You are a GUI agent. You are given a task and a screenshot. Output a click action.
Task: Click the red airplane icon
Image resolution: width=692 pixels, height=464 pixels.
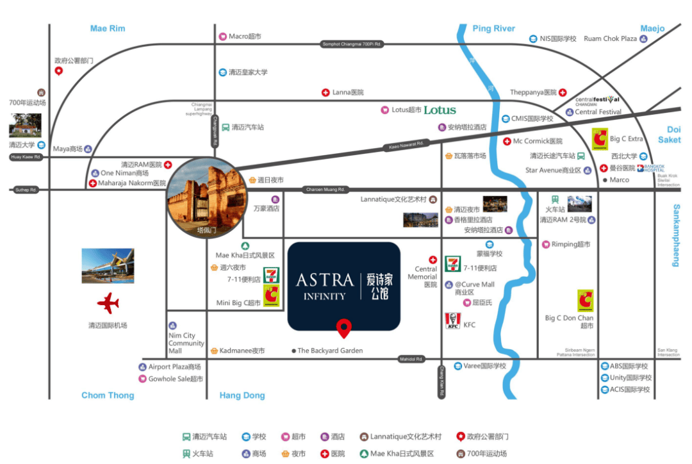point(108,302)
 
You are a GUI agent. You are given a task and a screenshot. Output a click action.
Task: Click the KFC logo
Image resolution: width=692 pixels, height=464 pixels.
point(452,321)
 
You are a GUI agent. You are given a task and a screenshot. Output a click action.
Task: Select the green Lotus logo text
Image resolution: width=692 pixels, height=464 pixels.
point(440,110)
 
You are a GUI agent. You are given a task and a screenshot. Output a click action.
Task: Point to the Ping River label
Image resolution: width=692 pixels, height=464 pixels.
point(493,28)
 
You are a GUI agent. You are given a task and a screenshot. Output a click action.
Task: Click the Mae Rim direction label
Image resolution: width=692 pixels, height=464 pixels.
point(108,28)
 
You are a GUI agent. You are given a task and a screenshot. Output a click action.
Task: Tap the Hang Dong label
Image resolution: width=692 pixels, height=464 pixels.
point(242,395)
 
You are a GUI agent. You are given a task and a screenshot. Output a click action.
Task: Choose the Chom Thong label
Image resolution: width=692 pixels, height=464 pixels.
point(108,395)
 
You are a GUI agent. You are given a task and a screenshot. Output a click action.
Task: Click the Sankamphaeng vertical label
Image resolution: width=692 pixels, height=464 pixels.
point(675,235)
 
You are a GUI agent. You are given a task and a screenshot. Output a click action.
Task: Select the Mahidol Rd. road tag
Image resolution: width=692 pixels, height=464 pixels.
point(411,359)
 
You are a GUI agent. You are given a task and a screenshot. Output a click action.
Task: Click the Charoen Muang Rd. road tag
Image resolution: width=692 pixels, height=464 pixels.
point(325,190)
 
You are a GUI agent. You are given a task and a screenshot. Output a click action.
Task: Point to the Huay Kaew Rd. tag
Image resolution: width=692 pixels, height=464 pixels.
point(26,157)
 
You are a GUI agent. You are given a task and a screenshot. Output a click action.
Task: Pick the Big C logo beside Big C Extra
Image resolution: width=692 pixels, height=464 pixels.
point(600,138)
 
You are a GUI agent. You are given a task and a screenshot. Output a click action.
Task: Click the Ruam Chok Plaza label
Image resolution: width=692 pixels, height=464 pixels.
point(610,38)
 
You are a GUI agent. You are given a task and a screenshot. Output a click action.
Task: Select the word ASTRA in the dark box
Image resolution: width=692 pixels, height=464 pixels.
point(325,280)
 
